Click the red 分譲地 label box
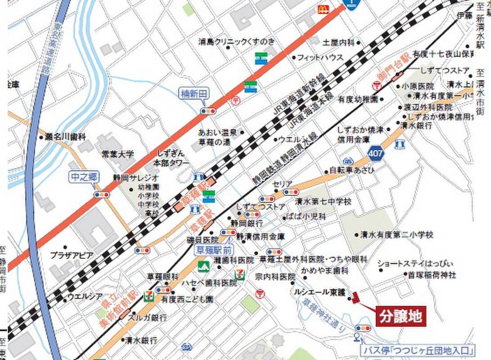click(400, 316)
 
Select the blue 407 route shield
click(376, 153)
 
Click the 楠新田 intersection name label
click(194, 94)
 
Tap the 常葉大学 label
click(117, 154)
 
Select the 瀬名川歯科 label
click(66, 137)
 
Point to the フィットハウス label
click(320, 58)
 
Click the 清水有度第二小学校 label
click(396, 234)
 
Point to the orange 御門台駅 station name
click(389, 70)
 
